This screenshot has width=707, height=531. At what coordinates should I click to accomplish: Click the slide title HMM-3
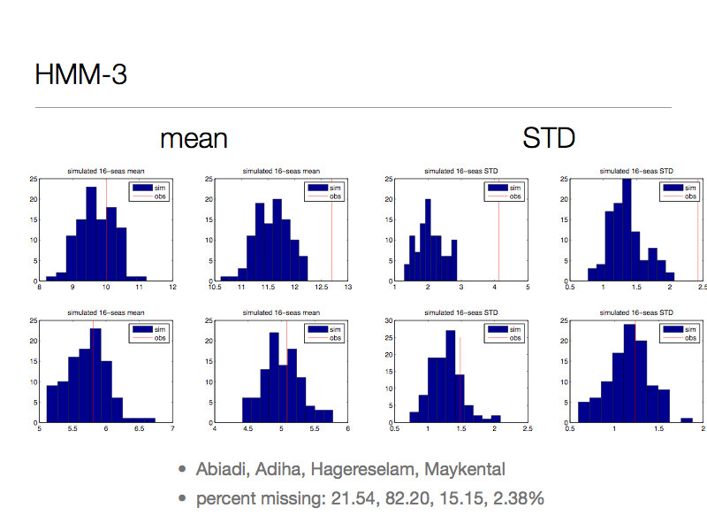tap(80, 74)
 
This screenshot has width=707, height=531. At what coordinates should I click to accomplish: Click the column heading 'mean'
tap(194, 139)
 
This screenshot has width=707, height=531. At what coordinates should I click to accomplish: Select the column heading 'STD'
tap(549, 139)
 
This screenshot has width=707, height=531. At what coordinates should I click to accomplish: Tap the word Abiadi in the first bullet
tap(223, 469)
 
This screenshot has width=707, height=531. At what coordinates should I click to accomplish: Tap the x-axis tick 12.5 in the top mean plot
tap(315, 288)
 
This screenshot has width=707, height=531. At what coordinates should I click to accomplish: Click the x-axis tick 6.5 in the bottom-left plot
tap(139, 429)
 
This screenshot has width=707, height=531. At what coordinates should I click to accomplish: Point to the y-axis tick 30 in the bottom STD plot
tap(387, 320)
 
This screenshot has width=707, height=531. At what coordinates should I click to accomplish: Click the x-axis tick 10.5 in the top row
tap(214, 288)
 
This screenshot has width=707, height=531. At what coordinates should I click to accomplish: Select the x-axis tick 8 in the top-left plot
tap(40, 288)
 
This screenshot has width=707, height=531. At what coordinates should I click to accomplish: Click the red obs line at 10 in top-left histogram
tap(106, 230)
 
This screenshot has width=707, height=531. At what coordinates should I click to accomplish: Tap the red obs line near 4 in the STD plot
tap(498, 230)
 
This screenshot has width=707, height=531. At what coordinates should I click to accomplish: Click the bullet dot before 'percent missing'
tap(182, 498)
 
